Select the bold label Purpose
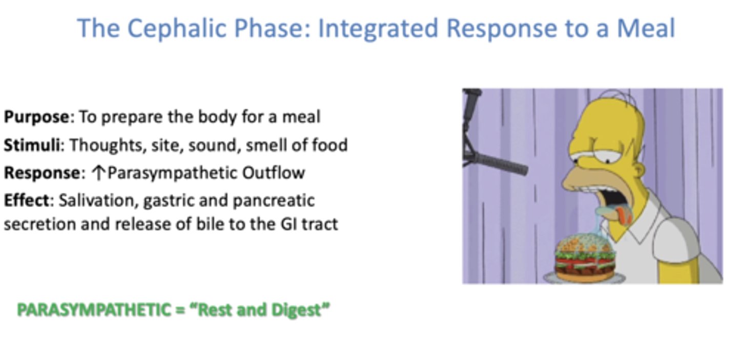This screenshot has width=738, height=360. (36, 117)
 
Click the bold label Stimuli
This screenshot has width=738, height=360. (32, 145)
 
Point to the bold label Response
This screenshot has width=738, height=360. (42, 173)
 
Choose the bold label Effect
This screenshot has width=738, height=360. (25, 200)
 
